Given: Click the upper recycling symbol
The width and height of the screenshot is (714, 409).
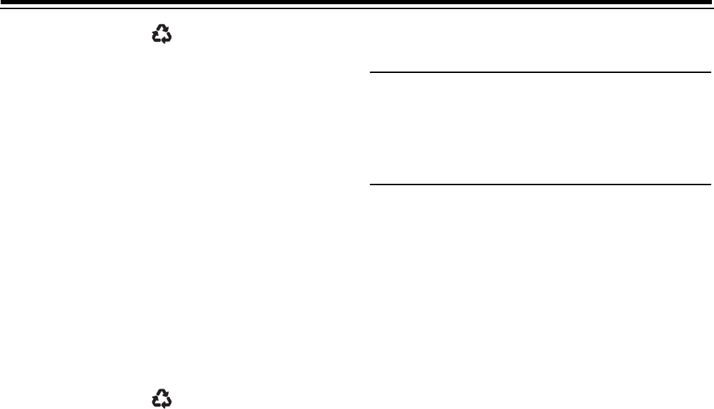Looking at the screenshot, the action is [162, 34].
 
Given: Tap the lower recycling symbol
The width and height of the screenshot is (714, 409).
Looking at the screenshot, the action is [162, 398].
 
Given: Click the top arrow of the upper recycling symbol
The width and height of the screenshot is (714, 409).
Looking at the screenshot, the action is [163, 28].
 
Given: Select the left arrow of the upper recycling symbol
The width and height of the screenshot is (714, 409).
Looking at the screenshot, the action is [157, 37].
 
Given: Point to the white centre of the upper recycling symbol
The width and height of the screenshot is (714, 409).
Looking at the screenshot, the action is [162, 35].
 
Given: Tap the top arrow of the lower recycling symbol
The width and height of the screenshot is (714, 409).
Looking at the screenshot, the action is [163, 392].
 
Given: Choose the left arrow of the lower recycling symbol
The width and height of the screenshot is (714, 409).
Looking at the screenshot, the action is [157, 401].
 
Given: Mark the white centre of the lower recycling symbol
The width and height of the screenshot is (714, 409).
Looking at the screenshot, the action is [162, 399].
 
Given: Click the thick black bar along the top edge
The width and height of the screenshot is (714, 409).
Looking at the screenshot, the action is [357, 3].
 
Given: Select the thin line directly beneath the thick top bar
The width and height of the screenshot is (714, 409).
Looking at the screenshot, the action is [357, 8].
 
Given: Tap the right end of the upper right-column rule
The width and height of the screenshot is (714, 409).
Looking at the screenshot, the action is [710, 72].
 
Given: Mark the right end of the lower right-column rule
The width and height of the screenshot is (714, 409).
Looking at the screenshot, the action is [710, 185].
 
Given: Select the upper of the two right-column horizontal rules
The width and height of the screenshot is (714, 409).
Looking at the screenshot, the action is [541, 72].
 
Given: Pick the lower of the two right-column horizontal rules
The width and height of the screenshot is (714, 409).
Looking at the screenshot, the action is [541, 185].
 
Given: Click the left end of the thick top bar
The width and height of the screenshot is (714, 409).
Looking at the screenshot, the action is [3, 3].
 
